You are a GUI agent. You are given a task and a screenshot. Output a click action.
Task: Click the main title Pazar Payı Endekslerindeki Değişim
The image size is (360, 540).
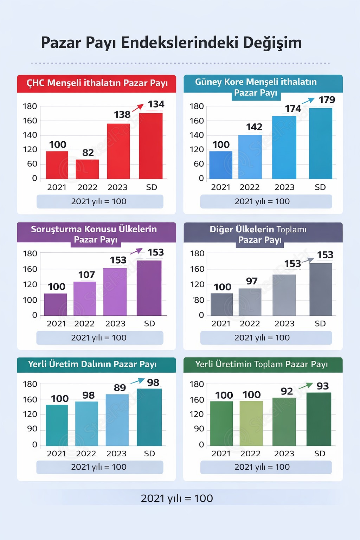(171, 43)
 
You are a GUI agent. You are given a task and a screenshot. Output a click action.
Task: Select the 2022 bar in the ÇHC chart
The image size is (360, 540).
(87, 169)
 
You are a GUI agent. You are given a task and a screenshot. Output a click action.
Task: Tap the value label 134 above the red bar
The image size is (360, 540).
(156, 104)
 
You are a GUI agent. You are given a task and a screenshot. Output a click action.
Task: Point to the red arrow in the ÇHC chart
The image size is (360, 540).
(138, 107)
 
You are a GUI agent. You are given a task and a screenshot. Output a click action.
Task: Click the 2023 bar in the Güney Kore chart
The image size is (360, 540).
(284, 147)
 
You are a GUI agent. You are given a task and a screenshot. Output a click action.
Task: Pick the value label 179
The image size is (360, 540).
(327, 100)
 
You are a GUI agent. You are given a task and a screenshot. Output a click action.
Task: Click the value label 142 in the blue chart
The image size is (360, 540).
(254, 127)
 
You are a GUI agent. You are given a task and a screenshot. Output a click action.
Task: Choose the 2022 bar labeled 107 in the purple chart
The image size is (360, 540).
(85, 298)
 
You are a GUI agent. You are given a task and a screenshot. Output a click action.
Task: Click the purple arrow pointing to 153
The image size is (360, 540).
(136, 251)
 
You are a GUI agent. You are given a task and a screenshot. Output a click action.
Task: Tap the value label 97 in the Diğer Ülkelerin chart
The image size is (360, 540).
(252, 281)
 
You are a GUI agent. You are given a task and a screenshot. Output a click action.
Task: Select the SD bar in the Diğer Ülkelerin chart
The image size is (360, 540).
(321, 289)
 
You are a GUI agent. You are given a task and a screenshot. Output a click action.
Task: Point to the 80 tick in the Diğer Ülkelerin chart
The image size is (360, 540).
(199, 300)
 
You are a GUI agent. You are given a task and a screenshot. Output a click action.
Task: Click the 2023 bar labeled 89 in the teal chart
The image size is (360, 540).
(117, 420)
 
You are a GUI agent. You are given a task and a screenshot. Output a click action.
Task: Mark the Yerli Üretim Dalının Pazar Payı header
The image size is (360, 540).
(92, 364)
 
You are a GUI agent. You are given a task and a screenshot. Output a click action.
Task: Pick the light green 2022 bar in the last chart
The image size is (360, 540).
(251, 423)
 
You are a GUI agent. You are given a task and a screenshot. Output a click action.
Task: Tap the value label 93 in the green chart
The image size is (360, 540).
(322, 386)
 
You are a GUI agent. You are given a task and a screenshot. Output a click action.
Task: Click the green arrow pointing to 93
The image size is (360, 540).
(305, 386)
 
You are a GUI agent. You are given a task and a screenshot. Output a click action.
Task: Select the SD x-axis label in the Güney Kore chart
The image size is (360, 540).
(320, 187)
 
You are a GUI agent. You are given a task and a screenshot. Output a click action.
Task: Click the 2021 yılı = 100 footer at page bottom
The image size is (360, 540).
(177, 498)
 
